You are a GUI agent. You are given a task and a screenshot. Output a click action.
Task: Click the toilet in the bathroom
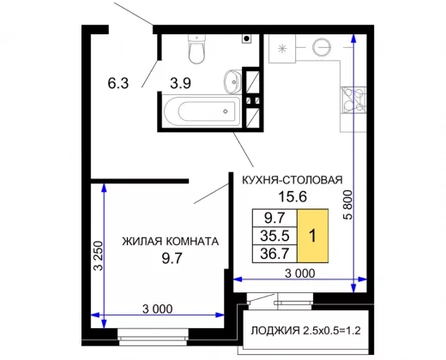click(x=196, y=49)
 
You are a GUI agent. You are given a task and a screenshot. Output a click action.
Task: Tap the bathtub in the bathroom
click(x=202, y=111)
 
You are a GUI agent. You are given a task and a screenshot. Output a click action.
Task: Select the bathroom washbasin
click(x=232, y=81)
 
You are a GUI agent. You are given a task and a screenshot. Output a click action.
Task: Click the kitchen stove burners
click(x=353, y=99)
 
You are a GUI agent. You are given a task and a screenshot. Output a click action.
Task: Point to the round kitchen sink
click(x=322, y=47)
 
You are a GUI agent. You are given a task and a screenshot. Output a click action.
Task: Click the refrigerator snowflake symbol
click(x=282, y=48)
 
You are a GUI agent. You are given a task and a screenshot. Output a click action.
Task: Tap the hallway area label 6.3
click(x=118, y=83)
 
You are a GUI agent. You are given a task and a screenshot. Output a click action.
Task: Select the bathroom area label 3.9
click(x=180, y=83)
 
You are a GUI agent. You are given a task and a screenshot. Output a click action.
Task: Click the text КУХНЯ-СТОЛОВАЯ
click(x=292, y=180)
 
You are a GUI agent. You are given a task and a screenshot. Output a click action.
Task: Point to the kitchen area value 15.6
click(x=292, y=196)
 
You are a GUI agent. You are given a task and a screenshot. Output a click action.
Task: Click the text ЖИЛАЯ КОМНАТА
click(x=171, y=242)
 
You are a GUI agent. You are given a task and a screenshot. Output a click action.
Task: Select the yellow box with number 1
click(x=313, y=236)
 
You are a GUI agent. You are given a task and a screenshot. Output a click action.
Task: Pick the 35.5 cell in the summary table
click(x=274, y=236)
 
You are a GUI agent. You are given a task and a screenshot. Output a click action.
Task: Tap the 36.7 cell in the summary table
click(x=274, y=254)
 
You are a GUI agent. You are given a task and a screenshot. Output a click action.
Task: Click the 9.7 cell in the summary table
click(x=274, y=218)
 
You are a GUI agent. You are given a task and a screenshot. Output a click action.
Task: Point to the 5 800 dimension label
click(x=348, y=205)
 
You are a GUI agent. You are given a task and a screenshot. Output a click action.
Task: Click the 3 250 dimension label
click(x=99, y=256)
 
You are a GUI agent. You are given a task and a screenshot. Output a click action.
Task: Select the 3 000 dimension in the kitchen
click(x=300, y=273)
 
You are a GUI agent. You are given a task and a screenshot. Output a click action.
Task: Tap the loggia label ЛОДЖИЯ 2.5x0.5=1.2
click(x=305, y=331)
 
